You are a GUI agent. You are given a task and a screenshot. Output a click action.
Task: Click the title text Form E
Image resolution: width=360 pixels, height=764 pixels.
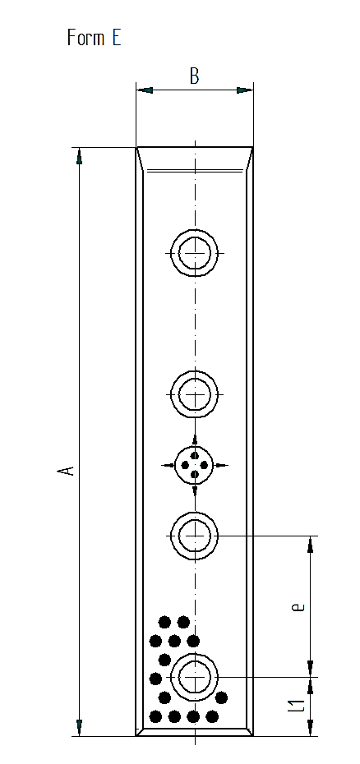click(x=95, y=38)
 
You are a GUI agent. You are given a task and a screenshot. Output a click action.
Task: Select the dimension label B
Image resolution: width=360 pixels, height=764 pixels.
click(x=194, y=76)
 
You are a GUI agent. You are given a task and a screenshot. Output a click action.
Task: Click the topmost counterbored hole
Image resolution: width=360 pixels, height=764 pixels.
click(x=195, y=253)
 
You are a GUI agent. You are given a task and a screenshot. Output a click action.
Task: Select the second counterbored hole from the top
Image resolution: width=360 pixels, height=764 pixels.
click(x=195, y=394)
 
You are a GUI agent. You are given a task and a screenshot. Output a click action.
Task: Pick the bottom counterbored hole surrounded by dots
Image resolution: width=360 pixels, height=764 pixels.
click(x=195, y=677)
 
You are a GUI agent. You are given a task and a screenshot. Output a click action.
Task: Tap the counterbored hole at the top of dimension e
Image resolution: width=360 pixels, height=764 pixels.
click(x=195, y=536)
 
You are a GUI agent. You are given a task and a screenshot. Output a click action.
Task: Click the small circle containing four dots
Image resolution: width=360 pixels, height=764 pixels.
click(x=195, y=465)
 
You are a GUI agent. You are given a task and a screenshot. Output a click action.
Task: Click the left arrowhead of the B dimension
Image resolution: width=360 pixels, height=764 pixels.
click(x=145, y=90)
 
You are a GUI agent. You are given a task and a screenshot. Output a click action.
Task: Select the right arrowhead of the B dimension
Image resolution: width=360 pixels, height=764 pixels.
click(x=244, y=90)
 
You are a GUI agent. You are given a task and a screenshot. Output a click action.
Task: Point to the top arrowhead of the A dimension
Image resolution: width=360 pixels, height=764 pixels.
click(x=79, y=156)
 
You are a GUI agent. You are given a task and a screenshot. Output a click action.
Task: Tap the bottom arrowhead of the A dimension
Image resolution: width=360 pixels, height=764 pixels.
click(x=79, y=728)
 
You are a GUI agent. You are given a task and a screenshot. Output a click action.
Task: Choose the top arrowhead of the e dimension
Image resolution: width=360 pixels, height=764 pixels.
click(x=310, y=545)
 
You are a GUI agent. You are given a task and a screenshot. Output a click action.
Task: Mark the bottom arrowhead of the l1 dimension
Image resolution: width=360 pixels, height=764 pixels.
click(x=310, y=728)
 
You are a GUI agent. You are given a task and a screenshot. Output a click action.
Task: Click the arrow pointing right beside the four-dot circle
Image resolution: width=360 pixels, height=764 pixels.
click(x=221, y=465)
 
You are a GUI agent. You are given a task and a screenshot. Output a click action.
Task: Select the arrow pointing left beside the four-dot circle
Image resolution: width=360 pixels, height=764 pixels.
click(x=168, y=465)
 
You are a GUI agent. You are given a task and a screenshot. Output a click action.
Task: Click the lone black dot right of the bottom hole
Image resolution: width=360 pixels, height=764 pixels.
click(x=221, y=697)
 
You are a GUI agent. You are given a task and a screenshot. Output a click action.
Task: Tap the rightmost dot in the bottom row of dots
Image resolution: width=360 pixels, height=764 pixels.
click(x=212, y=716)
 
